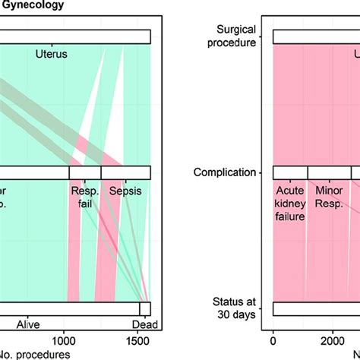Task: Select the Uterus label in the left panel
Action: coord(51,54)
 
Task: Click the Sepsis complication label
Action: coord(125,192)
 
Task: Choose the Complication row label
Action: coord(225,172)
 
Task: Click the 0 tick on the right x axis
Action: coord(273,340)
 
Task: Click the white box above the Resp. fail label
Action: coord(84,172)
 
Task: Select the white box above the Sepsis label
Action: coord(125,172)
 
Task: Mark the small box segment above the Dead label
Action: coord(145,309)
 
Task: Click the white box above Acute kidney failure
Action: coord(290,172)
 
